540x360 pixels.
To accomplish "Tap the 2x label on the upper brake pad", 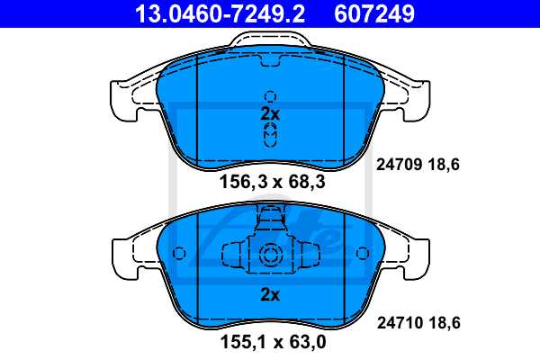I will coord(270,114).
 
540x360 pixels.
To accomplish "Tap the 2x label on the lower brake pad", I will coord(270,294).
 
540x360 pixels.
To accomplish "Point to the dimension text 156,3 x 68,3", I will coord(271,183).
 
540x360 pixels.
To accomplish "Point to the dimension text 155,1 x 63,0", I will coord(271,342).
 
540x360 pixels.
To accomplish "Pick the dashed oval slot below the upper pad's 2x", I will coord(270,135).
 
